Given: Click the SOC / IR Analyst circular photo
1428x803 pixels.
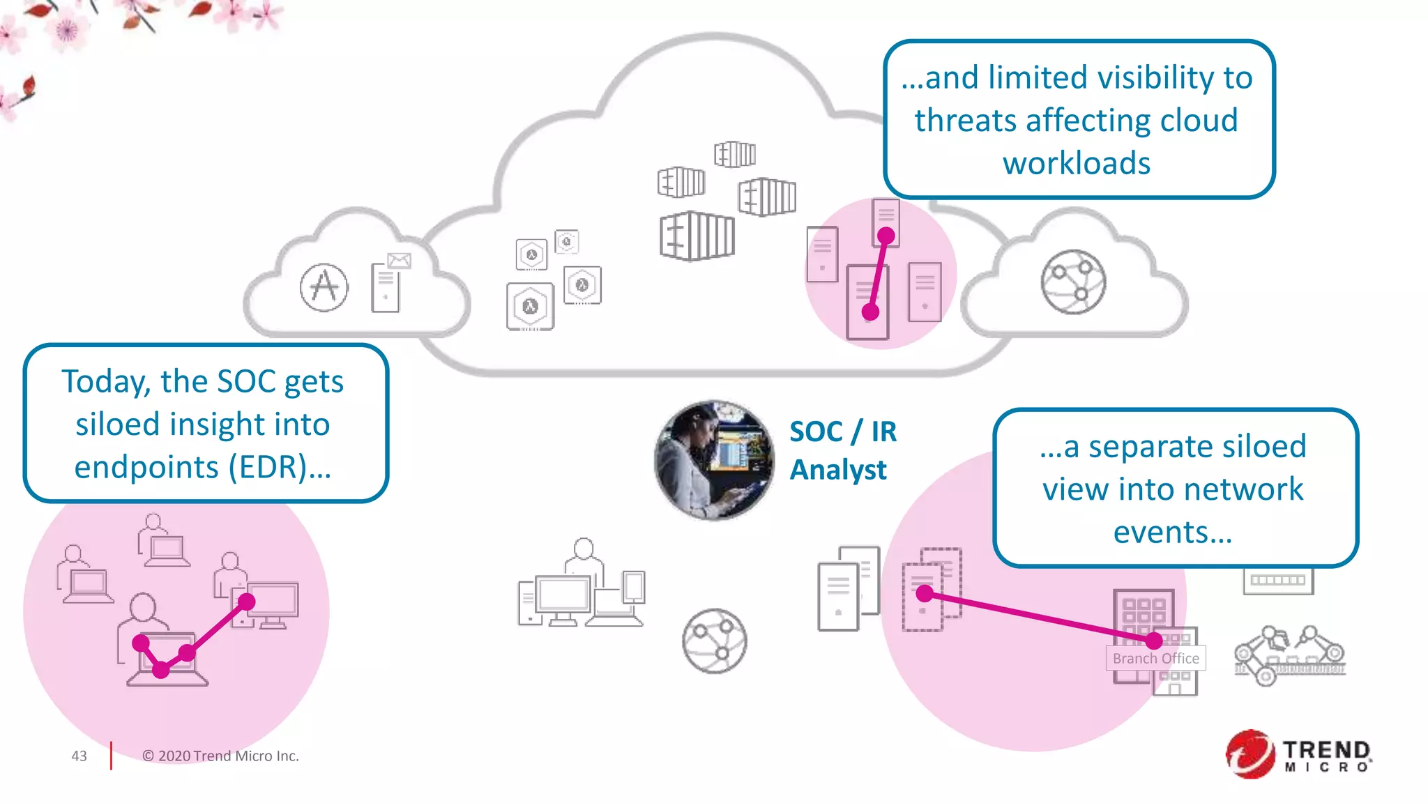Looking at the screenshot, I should pyautogui.click(x=714, y=460).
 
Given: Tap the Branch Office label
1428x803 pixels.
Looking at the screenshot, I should pyautogui.click(x=1155, y=658).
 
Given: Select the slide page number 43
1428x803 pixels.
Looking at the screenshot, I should pyautogui.click(x=79, y=756).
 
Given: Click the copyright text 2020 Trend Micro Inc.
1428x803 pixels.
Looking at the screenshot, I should pyautogui.click(x=220, y=756).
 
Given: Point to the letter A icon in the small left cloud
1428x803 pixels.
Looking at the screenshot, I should pyautogui.click(x=324, y=287).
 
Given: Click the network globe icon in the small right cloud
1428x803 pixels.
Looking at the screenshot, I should pyautogui.click(x=1073, y=282).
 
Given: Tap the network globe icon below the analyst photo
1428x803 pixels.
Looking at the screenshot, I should pyautogui.click(x=714, y=641).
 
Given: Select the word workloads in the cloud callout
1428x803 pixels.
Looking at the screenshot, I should pyautogui.click(x=1077, y=164).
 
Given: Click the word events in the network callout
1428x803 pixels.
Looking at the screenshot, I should pyautogui.click(x=1172, y=533).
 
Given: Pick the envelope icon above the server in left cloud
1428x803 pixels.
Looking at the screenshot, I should pyautogui.click(x=400, y=261).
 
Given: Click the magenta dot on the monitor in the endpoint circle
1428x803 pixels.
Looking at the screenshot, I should pyautogui.click(x=247, y=602).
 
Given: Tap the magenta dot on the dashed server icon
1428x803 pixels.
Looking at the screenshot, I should pyautogui.click(x=925, y=594).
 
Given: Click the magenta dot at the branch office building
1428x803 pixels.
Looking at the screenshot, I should pyautogui.click(x=1154, y=640).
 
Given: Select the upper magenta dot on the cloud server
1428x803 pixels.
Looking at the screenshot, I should pyautogui.click(x=886, y=236).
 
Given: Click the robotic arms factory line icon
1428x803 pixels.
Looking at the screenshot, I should pyautogui.click(x=1289, y=655).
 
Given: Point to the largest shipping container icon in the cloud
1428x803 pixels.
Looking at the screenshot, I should pyautogui.click(x=697, y=236).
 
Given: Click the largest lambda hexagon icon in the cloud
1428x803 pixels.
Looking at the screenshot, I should pyautogui.click(x=531, y=306).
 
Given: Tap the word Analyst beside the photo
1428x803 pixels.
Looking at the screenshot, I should pyautogui.click(x=838, y=470).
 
